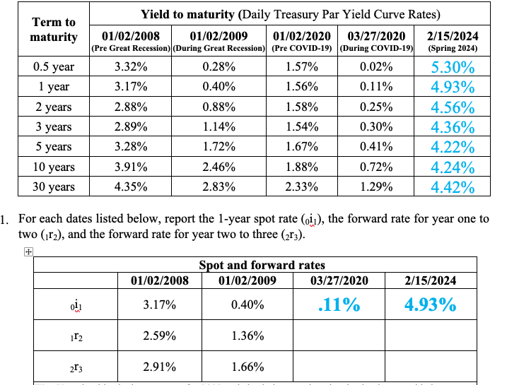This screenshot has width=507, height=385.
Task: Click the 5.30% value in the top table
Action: click(453, 68)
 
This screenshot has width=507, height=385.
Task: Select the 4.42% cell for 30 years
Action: click(453, 187)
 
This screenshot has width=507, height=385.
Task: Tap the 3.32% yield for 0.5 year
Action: click(131, 67)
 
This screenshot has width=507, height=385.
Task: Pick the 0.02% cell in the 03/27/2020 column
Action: click(376, 67)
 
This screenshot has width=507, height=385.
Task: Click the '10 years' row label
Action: click(54, 167)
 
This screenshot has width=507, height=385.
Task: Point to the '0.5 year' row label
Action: click(54, 67)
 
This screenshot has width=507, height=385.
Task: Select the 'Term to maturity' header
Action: click(54, 30)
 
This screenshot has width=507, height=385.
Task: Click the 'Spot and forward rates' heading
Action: click(262, 265)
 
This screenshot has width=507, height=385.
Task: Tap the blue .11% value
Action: click(339, 305)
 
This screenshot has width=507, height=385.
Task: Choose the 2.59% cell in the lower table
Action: click(160, 336)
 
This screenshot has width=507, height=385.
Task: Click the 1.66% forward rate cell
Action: click(247, 367)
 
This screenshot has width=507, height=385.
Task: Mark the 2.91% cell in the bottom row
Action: click(160, 367)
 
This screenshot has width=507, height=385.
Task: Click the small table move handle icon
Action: click(27, 252)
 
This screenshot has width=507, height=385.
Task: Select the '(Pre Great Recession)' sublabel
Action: click(131, 48)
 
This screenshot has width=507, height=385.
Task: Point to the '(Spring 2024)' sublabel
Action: click(453, 48)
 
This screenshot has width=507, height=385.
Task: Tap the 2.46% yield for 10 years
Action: click(218, 167)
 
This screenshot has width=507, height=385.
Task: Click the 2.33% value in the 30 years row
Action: click(301, 187)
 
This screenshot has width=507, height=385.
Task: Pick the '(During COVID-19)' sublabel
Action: click(376, 48)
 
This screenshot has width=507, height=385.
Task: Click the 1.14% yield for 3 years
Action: click(218, 127)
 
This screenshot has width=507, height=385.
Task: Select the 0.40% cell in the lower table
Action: click(247, 305)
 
